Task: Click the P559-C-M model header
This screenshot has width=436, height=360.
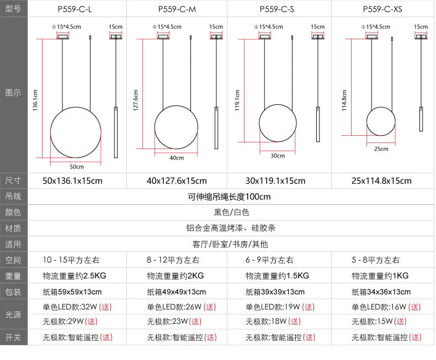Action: coord(177,9)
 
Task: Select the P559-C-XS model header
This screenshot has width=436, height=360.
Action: coord(382,9)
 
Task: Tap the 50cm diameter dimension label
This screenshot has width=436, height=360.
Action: coord(77,167)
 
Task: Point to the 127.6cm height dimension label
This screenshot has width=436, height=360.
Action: coord(135,100)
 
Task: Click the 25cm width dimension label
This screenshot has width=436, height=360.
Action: coord(381,149)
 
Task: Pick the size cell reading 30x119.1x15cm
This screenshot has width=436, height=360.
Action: coord(275,181)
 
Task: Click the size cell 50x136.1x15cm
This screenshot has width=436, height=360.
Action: coord(72,181)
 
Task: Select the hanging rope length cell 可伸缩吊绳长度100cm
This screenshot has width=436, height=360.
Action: coord(229,197)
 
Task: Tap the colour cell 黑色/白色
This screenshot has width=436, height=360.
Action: coord(231,212)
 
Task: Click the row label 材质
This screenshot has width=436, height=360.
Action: coord(13,229)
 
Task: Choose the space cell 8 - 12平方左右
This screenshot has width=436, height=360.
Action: coord(173,260)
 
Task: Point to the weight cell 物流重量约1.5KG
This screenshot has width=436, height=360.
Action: coord(277,276)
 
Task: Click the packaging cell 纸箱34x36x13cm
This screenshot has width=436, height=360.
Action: coord(381,292)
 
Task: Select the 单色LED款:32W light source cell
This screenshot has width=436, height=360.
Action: coord(77,307)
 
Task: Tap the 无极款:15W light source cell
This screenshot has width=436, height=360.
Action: coord(379,321)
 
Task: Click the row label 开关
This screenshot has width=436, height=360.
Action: coord(13,337)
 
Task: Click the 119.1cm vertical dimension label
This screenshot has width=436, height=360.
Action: coord(237,100)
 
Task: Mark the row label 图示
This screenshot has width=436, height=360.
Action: coord(13,93)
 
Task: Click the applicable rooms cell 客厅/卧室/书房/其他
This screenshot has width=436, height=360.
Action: coord(230,244)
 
